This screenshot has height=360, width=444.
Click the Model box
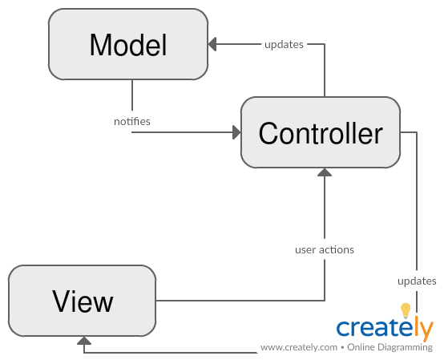(x=128, y=45)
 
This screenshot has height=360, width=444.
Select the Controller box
(x=320, y=133)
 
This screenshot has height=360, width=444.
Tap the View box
(x=83, y=301)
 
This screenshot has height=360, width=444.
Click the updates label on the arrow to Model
(x=284, y=44)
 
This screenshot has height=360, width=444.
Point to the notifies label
(x=132, y=121)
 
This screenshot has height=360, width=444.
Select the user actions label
(x=325, y=249)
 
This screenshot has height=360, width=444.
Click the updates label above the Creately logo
(x=417, y=281)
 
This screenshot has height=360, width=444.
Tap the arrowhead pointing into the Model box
(x=213, y=45)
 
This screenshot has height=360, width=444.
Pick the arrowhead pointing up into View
(x=83, y=341)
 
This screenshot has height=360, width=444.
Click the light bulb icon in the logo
(x=406, y=309)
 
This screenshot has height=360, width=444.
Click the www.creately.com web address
(x=298, y=348)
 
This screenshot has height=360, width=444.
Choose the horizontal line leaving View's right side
(x=240, y=301)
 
